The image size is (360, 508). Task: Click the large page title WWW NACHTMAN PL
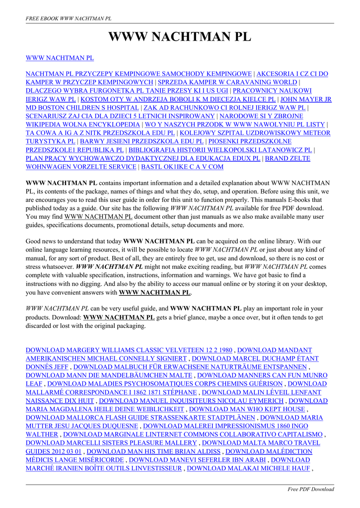[180, 37]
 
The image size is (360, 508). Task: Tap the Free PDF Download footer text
[311, 489]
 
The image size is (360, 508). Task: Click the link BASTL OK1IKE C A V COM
[182, 167]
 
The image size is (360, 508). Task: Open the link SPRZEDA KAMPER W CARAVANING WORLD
[227, 82]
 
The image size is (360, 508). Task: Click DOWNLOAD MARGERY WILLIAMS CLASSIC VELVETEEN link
[129, 350]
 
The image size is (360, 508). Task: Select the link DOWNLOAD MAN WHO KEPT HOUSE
[247, 409]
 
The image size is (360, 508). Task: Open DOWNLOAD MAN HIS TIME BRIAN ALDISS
[153, 451]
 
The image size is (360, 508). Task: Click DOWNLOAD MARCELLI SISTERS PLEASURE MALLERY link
[111, 443]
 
